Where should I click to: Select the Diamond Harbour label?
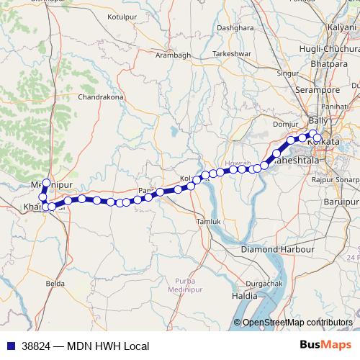(x=278, y=249)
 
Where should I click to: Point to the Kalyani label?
(x=343, y=27)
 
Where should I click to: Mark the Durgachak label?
(x=263, y=284)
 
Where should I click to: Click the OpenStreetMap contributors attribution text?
(x=296, y=322)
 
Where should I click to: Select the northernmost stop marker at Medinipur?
(x=47, y=184)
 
